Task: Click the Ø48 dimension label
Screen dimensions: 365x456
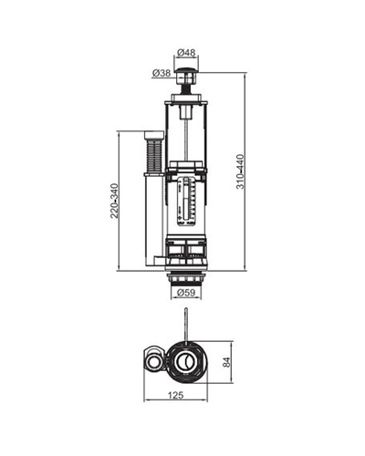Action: tap(186, 52)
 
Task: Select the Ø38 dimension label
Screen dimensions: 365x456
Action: tap(162, 73)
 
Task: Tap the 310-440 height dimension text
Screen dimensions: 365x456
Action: tap(240, 171)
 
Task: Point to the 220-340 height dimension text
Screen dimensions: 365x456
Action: tap(114, 201)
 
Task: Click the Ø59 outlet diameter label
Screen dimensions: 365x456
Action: tap(186, 293)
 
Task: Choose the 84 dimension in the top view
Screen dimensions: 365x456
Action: tap(227, 362)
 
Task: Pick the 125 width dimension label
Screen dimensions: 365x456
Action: tap(176, 395)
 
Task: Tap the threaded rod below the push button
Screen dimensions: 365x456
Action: tap(186, 89)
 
